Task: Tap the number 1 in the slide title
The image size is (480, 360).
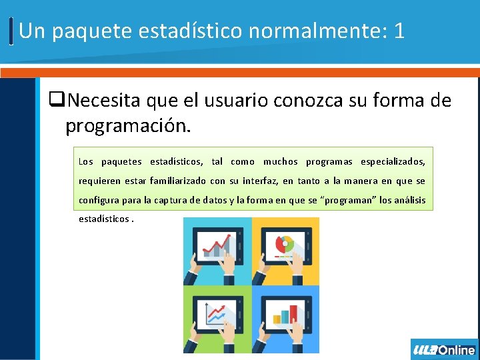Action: coord(399,31)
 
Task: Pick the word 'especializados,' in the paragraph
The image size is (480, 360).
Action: coord(392,162)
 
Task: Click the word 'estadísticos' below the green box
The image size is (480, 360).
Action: coord(103,219)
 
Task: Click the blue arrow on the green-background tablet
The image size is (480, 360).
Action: coord(216,312)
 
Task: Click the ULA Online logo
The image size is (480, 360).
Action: coord(444,349)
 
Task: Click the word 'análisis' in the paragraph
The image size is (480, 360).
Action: coord(410,200)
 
